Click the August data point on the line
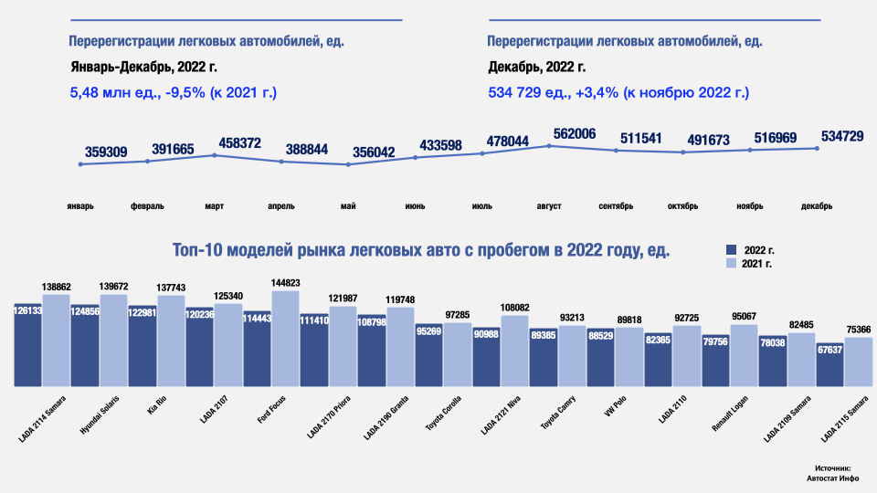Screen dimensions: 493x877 coord(549,145)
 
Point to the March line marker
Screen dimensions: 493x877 coord(214,155)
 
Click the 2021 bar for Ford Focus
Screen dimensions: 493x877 coord(285,338)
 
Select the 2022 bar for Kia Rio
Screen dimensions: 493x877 coord(143,345)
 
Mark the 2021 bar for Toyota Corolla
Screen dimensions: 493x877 coord(458,353)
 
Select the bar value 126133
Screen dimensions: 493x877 coord(27,310)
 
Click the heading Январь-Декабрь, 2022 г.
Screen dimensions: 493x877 coord(144,67)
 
